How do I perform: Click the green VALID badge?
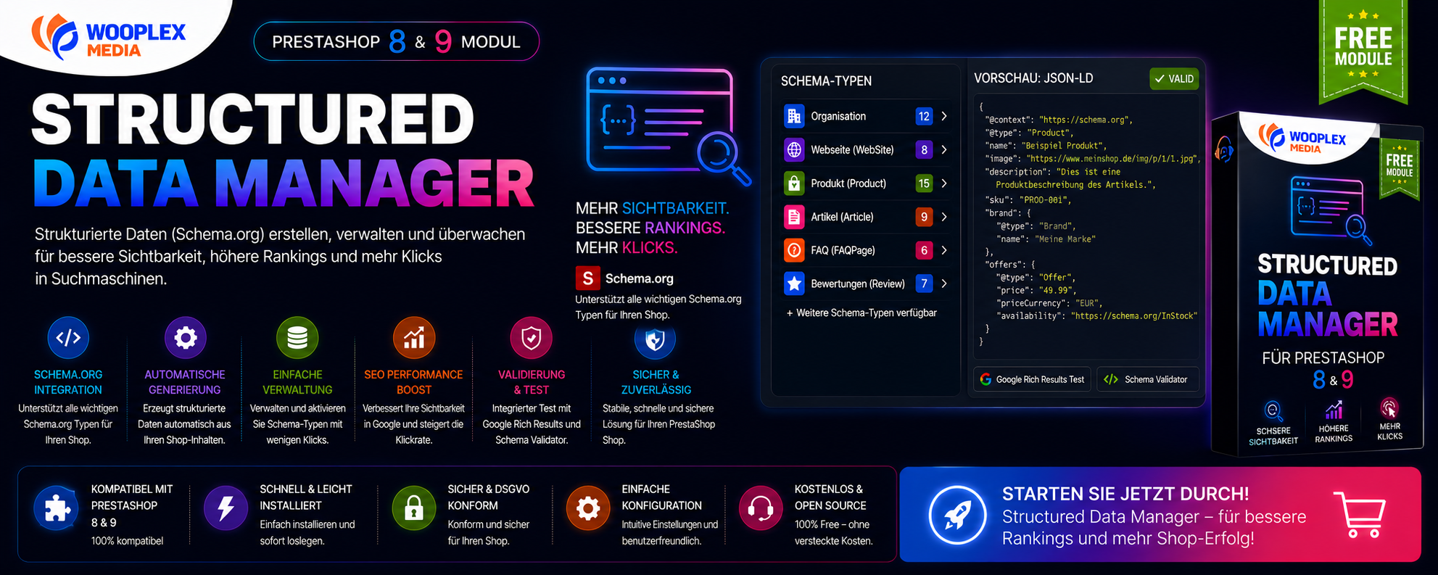(x=1174, y=79)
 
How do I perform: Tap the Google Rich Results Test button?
(x=1032, y=379)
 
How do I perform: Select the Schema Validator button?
(x=1147, y=379)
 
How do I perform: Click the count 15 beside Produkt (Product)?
(x=924, y=183)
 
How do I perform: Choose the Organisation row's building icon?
(x=794, y=116)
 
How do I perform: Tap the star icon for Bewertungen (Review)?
(x=794, y=284)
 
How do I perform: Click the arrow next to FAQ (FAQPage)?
(x=944, y=250)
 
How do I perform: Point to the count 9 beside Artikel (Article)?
(x=924, y=217)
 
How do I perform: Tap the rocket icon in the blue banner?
(x=958, y=515)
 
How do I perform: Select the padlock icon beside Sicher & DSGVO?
(x=414, y=508)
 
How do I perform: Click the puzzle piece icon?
(x=57, y=508)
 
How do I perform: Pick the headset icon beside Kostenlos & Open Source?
(x=761, y=508)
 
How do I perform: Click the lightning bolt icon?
(x=226, y=508)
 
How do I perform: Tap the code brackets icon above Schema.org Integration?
(x=68, y=338)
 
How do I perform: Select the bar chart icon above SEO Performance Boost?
(x=414, y=338)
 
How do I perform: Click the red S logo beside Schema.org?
(x=587, y=278)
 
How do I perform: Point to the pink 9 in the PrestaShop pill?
(x=443, y=42)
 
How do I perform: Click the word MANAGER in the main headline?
(x=374, y=183)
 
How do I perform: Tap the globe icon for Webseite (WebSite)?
(x=794, y=150)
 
